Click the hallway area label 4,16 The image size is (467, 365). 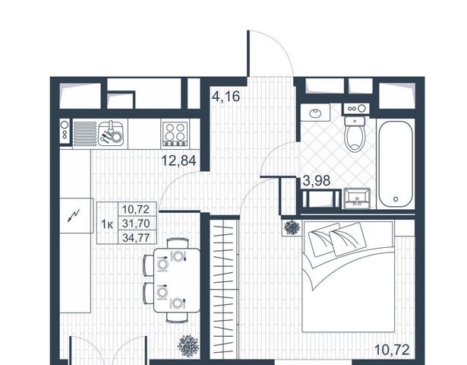pos(226,97)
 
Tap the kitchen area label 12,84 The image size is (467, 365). pos(178,160)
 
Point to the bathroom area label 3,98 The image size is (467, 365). pos(317,181)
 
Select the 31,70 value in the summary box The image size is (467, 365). pos(136,224)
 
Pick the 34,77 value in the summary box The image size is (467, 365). pos(136,238)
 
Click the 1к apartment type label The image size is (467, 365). pos(107,224)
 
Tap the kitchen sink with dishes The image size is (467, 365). pos(111,133)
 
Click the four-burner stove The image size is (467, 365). pos(175,133)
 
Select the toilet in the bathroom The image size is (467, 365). pos(355,134)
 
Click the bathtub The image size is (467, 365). pos(396,164)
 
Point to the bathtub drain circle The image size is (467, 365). pos(396,199)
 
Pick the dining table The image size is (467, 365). pos(177,281)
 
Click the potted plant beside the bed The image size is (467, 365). pos(292,227)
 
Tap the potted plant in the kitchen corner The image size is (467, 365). pos(188,346)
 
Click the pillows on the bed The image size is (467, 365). pos(336,239)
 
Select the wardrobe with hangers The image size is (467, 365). pos(224,289)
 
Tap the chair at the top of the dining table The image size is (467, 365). pos(177,243)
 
